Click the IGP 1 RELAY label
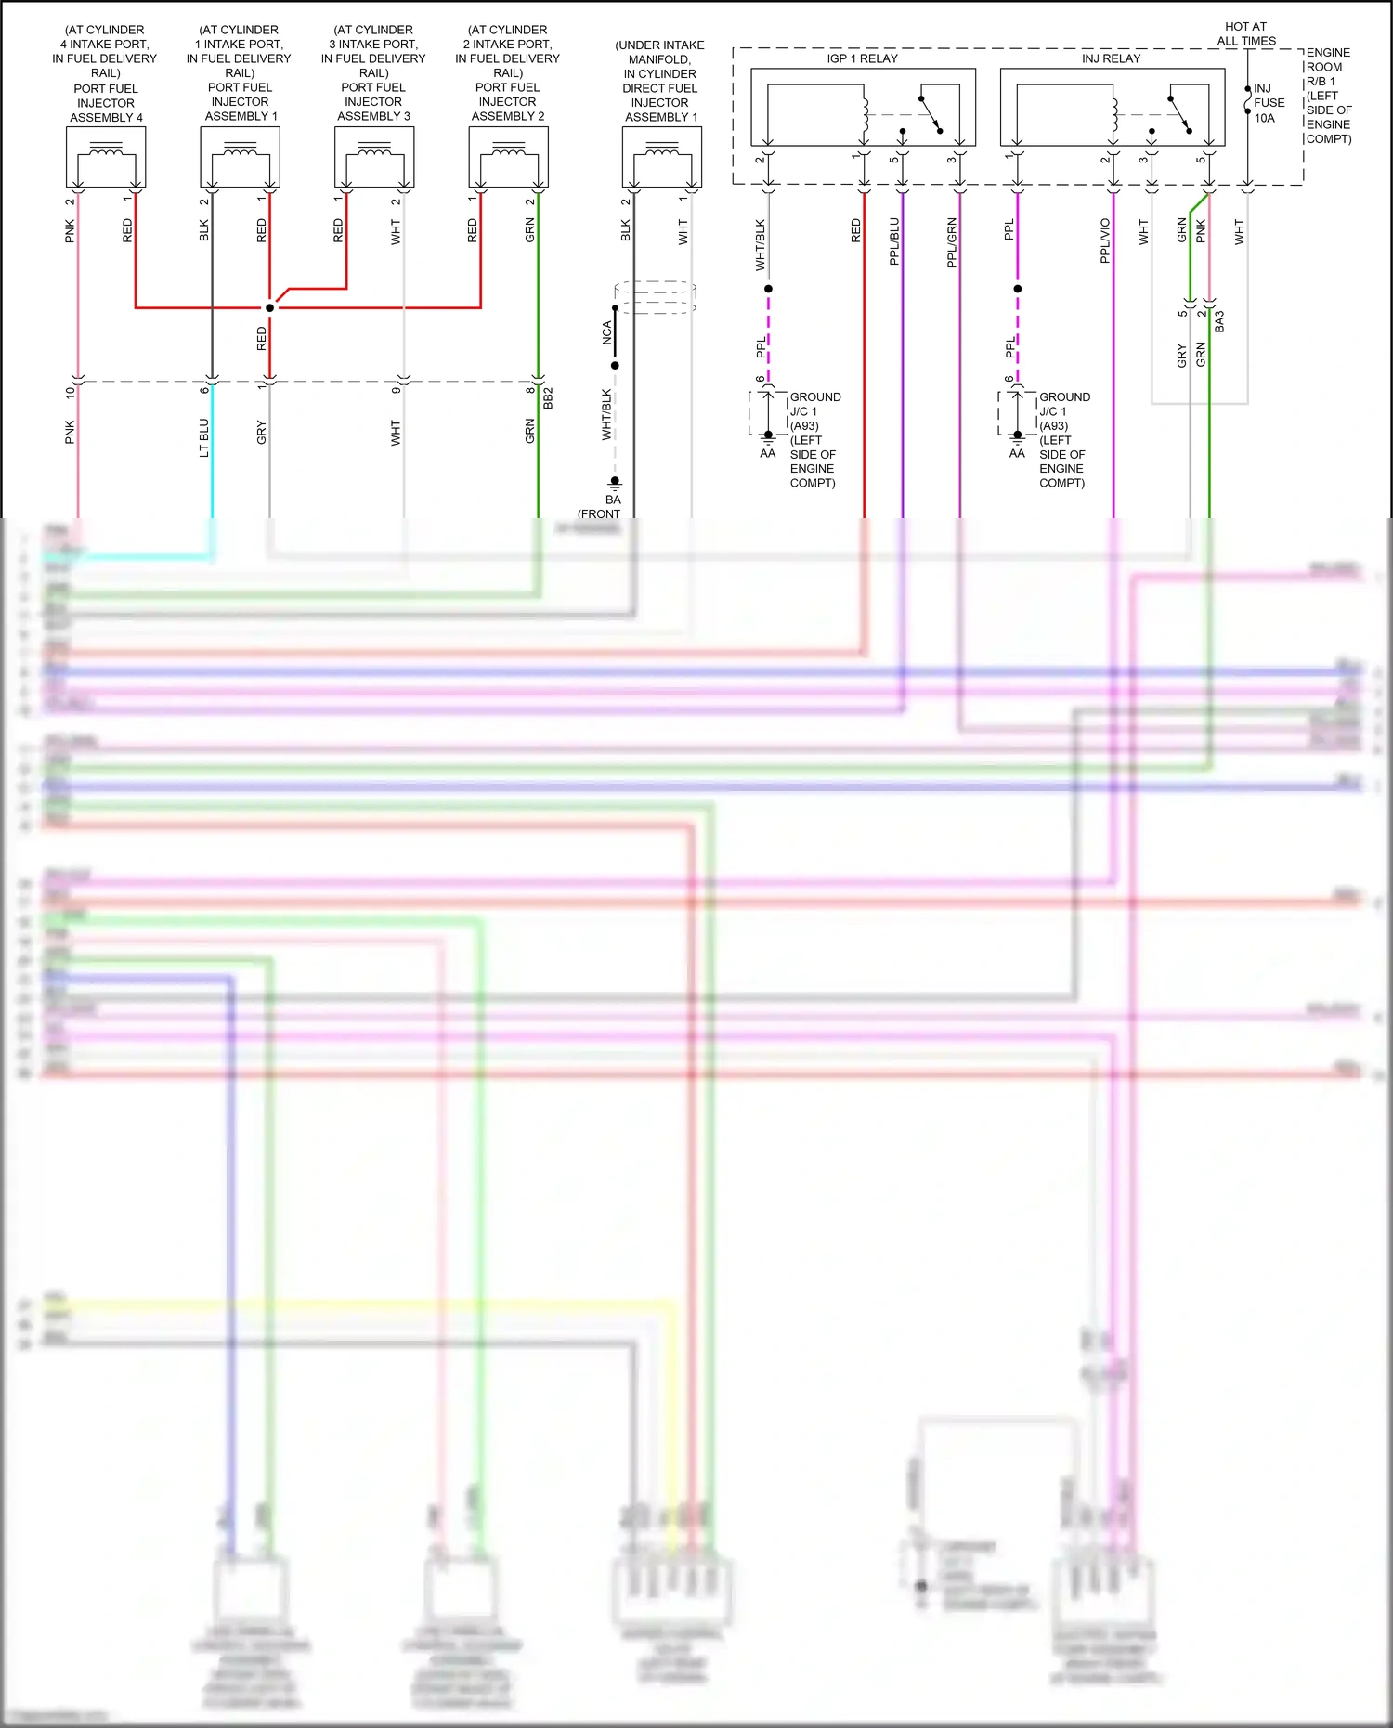tap(862, 58)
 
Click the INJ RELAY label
tap(1111, 58)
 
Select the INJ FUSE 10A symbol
tap(1248, 100)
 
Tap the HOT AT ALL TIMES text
tap(1245, 33)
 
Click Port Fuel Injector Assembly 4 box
tap(106, 157)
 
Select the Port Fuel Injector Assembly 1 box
tap(240, 157)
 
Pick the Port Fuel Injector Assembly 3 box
tap(373, 157)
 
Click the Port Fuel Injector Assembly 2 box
tap(508, 157)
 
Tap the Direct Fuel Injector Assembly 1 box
tap(661, 157)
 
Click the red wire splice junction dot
tap(269, 307)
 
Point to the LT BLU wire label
tap(204, 437)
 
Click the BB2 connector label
tap(548, 397)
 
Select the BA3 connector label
tap(1219, 321)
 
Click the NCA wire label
tap(606, 332)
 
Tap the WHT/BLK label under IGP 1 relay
tap(760, 244)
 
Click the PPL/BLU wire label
tap(894, 241)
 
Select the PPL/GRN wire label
tap(951, 242)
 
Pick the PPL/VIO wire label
tap(1105, 240)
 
